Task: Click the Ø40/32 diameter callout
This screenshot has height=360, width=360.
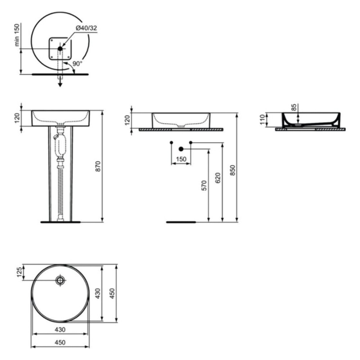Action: pyautogui.click(x=86, y=28)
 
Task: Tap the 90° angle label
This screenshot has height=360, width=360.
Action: pyautogui.click(x=77, y=64)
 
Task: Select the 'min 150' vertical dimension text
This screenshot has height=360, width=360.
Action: pyautogui.click(x=17, y=35)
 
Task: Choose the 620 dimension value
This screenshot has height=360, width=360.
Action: pyautogui.click(x=218, y=178)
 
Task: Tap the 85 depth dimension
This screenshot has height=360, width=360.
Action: pyautogui.click(x=294, y=107)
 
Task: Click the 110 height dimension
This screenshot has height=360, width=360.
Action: pyautogui.click(x=263, y=120)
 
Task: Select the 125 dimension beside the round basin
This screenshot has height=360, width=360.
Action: pyautogui.click(x=19, y=272)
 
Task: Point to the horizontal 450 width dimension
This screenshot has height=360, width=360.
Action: pyautogui.click(x=60, y=342)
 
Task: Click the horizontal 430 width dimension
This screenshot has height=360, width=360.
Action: pyautogui.click(x=60, y=329)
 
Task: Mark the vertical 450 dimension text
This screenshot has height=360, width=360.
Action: pyautogui.click(x=112, y=293)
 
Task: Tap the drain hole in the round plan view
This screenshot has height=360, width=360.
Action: pyautogui.click(x=60, y=280)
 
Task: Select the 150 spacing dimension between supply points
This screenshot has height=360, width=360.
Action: pyautogui.click(x=181, y=159)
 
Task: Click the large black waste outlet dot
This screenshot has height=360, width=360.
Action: pyautogui.click(x=181, y=149)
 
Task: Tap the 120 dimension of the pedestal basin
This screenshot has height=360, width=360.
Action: pyautogui.click(x=17, y=118)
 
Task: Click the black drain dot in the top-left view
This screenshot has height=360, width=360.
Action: pyautogui.click(x=60, y=48)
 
